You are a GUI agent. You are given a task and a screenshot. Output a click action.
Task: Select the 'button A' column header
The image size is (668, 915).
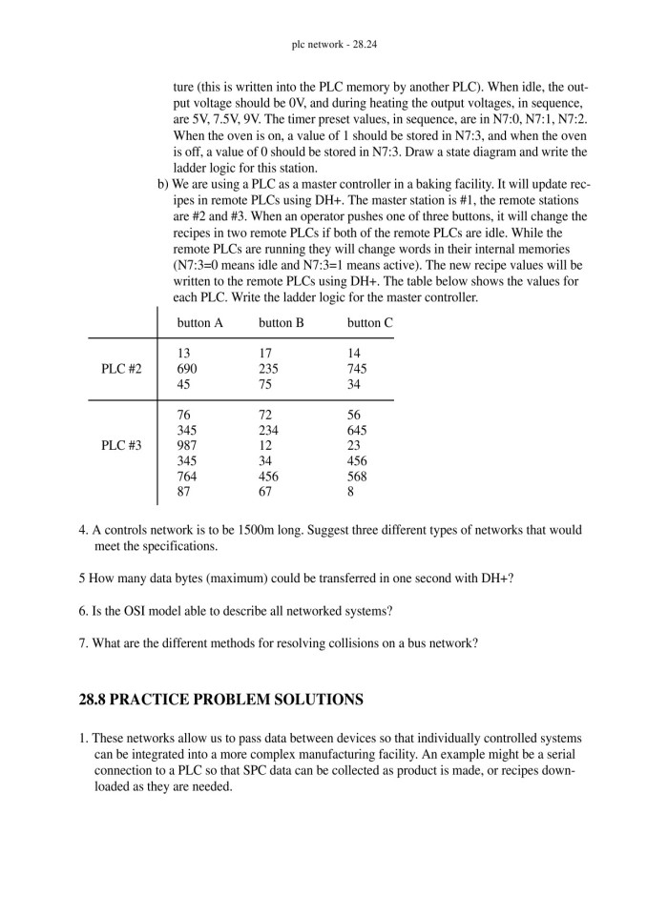[x=200, y=323]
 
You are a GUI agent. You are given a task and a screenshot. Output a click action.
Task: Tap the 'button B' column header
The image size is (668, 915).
[x=282, y=323]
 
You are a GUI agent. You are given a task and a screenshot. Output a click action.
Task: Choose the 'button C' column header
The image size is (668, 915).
[x=370, y=323]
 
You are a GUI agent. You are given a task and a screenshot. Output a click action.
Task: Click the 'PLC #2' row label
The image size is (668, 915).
[x=121, y=369]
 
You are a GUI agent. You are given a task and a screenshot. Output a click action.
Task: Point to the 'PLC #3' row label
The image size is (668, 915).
[x=121, y=446]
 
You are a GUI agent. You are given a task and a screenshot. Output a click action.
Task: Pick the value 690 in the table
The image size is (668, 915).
[x=187, y=369]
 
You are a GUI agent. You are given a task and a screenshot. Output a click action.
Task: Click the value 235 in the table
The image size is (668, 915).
[x=268, y=369]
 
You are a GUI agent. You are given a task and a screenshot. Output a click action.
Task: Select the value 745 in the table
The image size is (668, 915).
[x=357, y=369]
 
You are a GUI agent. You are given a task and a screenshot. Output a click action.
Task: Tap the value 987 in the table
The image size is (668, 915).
[x=187, y=446]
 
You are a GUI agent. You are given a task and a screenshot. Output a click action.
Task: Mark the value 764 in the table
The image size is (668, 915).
[x=187, y=477]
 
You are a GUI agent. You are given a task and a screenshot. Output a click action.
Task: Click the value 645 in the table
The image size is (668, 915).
[x=357, y=431]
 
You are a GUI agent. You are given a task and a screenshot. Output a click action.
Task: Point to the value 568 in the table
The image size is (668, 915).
[x=357, y=477]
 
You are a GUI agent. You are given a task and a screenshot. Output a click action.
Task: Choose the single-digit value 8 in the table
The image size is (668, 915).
[x=351, y=492]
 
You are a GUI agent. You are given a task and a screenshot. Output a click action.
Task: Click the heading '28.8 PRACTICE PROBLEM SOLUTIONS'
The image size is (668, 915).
[x=220, y=700]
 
